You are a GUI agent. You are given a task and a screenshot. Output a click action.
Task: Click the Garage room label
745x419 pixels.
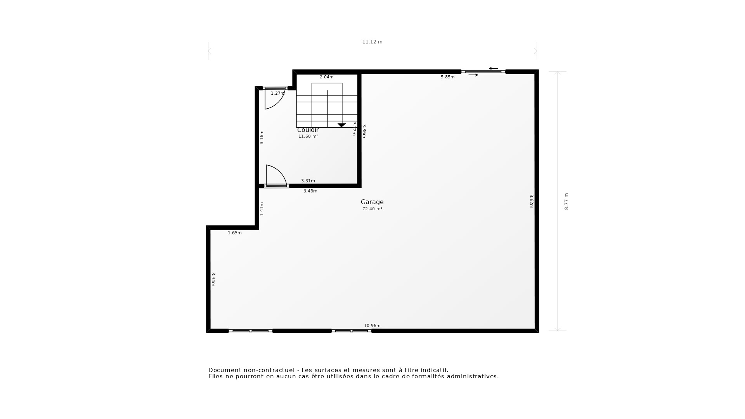pos(372,202)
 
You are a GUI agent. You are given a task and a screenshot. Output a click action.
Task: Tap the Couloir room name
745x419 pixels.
pos(308,130)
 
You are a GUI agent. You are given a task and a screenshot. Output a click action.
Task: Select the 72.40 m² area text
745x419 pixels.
pos(372,209)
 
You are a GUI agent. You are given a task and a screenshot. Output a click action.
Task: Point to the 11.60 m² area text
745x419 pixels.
pos(308,137)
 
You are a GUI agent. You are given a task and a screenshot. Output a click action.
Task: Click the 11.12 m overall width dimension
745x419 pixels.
pos(372,42)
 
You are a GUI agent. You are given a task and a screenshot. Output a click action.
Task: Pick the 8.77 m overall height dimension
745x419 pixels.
pos(566,201)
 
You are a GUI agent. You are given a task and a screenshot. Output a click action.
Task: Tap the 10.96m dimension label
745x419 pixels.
pos(372,326)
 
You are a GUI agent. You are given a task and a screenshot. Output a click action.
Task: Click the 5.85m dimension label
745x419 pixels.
pos(447,77)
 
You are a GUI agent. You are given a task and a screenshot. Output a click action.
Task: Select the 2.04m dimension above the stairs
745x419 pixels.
pos(326,77)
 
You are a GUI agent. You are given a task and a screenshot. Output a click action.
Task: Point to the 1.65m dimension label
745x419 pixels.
pos(234,233)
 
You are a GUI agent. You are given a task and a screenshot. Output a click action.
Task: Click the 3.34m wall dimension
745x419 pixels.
pos(213,279)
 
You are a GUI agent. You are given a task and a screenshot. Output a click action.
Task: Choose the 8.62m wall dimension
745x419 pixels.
pos(532,201)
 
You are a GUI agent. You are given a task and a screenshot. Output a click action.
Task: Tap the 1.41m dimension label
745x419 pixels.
pos(262,209)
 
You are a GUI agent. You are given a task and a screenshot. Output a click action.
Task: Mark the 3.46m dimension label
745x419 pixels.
pos(310,191)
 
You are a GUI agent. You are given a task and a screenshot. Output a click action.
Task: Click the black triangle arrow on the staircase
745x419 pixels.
pos(341,125)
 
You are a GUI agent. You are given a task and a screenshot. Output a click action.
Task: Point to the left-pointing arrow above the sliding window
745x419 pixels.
pos(493,69)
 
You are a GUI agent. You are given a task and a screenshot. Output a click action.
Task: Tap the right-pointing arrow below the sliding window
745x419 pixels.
pos(473,75)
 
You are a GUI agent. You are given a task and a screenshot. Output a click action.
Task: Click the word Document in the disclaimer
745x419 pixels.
pos(223,370)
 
